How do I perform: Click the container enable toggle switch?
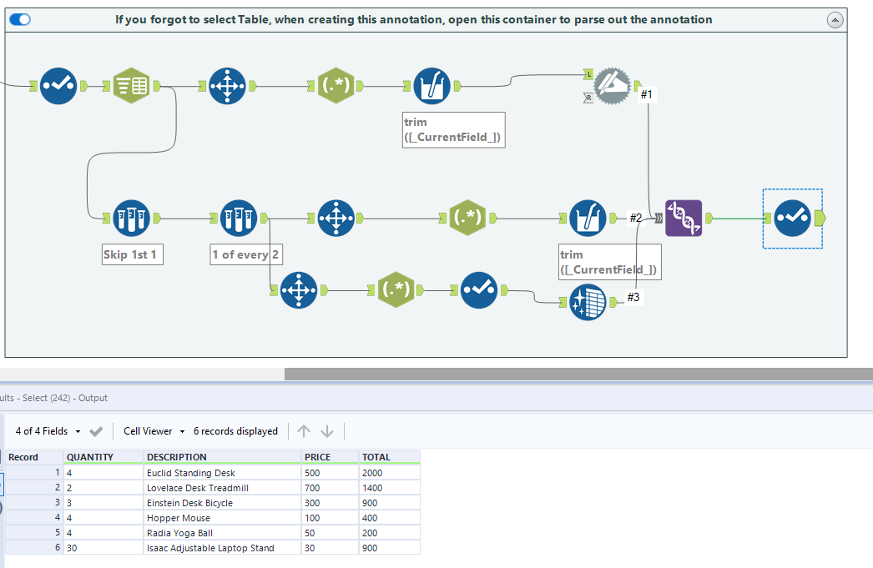pyautogui.click(x=20, y=19)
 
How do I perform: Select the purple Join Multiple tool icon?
pyautogui.click(x=684, y=218)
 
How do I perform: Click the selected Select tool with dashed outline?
pyautogui.click(x=791, y=218)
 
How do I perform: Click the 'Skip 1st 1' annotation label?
pyautogui.click(x=129, y=254)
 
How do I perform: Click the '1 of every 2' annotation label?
pyautogui.click(x=245, y=254)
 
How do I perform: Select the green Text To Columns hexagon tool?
pyautogui.click(x=133, y=85)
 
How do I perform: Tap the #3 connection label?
pyautogui.click(x=633, y=297)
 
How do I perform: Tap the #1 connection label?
pyautogui.click(x=647, y=95)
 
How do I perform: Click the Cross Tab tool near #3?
pyautogui.click(x=588, y=303)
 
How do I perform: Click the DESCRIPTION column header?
pyautogui.click(x=176, y=457)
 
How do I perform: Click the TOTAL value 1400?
pyautogui.click(x=372, y=488)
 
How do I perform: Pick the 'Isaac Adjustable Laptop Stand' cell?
pyautogui.click(x=210, y=548)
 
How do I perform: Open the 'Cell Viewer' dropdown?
pyautogui.click(x=154, y=431)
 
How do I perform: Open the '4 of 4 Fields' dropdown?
pyautogui.click(x=48, y=431)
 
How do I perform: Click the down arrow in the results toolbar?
pyautogui.click(x=327, y=431)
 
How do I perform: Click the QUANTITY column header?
pyautogui.click(x=90, y=457)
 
